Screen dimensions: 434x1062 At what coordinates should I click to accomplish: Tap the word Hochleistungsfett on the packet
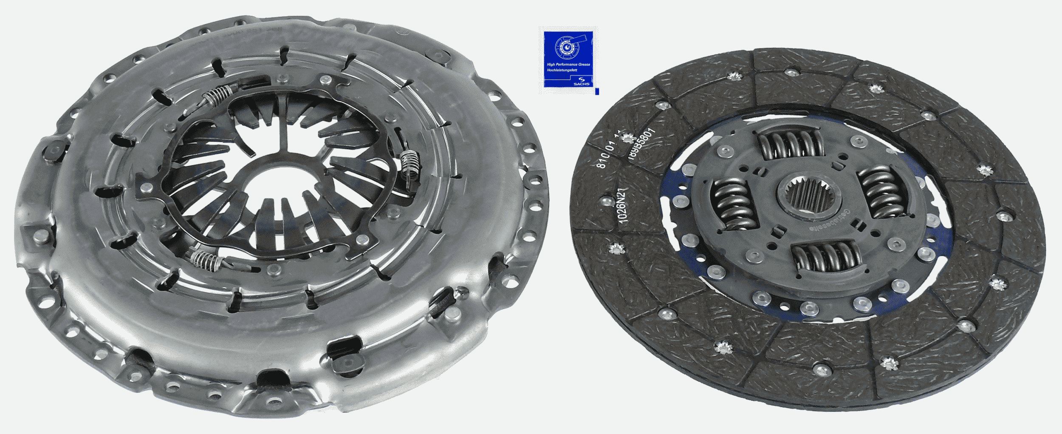tap(562, 69)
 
